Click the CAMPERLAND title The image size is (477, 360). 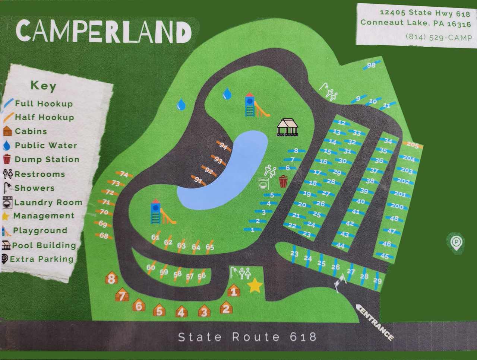pos(104,32)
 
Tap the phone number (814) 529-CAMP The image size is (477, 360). pos(439,37)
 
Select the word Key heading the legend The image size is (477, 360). pos(43,86)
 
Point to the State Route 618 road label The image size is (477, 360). pos(247,337)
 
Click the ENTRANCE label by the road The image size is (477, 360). pos(376,322)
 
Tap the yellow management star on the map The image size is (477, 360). pos(255,285)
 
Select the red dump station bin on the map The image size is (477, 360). pos(284,182)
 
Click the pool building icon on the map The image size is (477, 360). pos(287,128)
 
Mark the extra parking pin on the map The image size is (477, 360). pos(456,242)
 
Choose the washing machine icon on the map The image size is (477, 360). pos(263,184)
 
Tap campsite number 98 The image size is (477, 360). pos(371,65)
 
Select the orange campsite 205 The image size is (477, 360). pos(413,145)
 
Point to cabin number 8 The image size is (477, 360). pos(111,278)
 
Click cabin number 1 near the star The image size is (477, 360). pos(234,290)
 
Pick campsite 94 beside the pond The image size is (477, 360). pos(224,146)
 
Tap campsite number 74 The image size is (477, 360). pos(124,175)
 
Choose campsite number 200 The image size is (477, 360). pos(397,206)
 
